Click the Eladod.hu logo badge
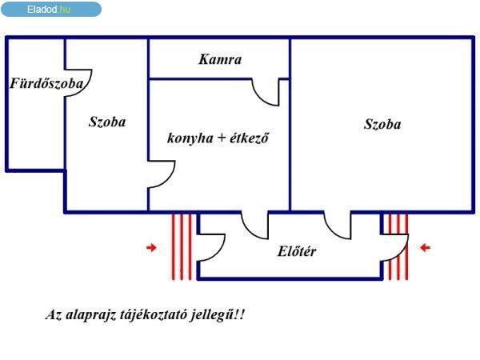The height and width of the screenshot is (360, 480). coord(51,9)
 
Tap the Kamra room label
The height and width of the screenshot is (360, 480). coord(220,59)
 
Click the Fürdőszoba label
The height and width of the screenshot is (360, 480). coord(46,83)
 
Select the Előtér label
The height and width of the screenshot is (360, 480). coord(297,251)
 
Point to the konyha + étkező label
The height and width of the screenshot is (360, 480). coord(218,138)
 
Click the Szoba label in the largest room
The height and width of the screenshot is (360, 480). coord(382,124)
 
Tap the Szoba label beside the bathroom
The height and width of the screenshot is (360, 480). coord(107,122)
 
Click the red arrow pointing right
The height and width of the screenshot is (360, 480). coord(151,247)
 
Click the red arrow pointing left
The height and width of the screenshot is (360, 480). coord(426,247)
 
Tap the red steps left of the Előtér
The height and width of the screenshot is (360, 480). coord(182,246)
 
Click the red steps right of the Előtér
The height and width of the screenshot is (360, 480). coord(398,246)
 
